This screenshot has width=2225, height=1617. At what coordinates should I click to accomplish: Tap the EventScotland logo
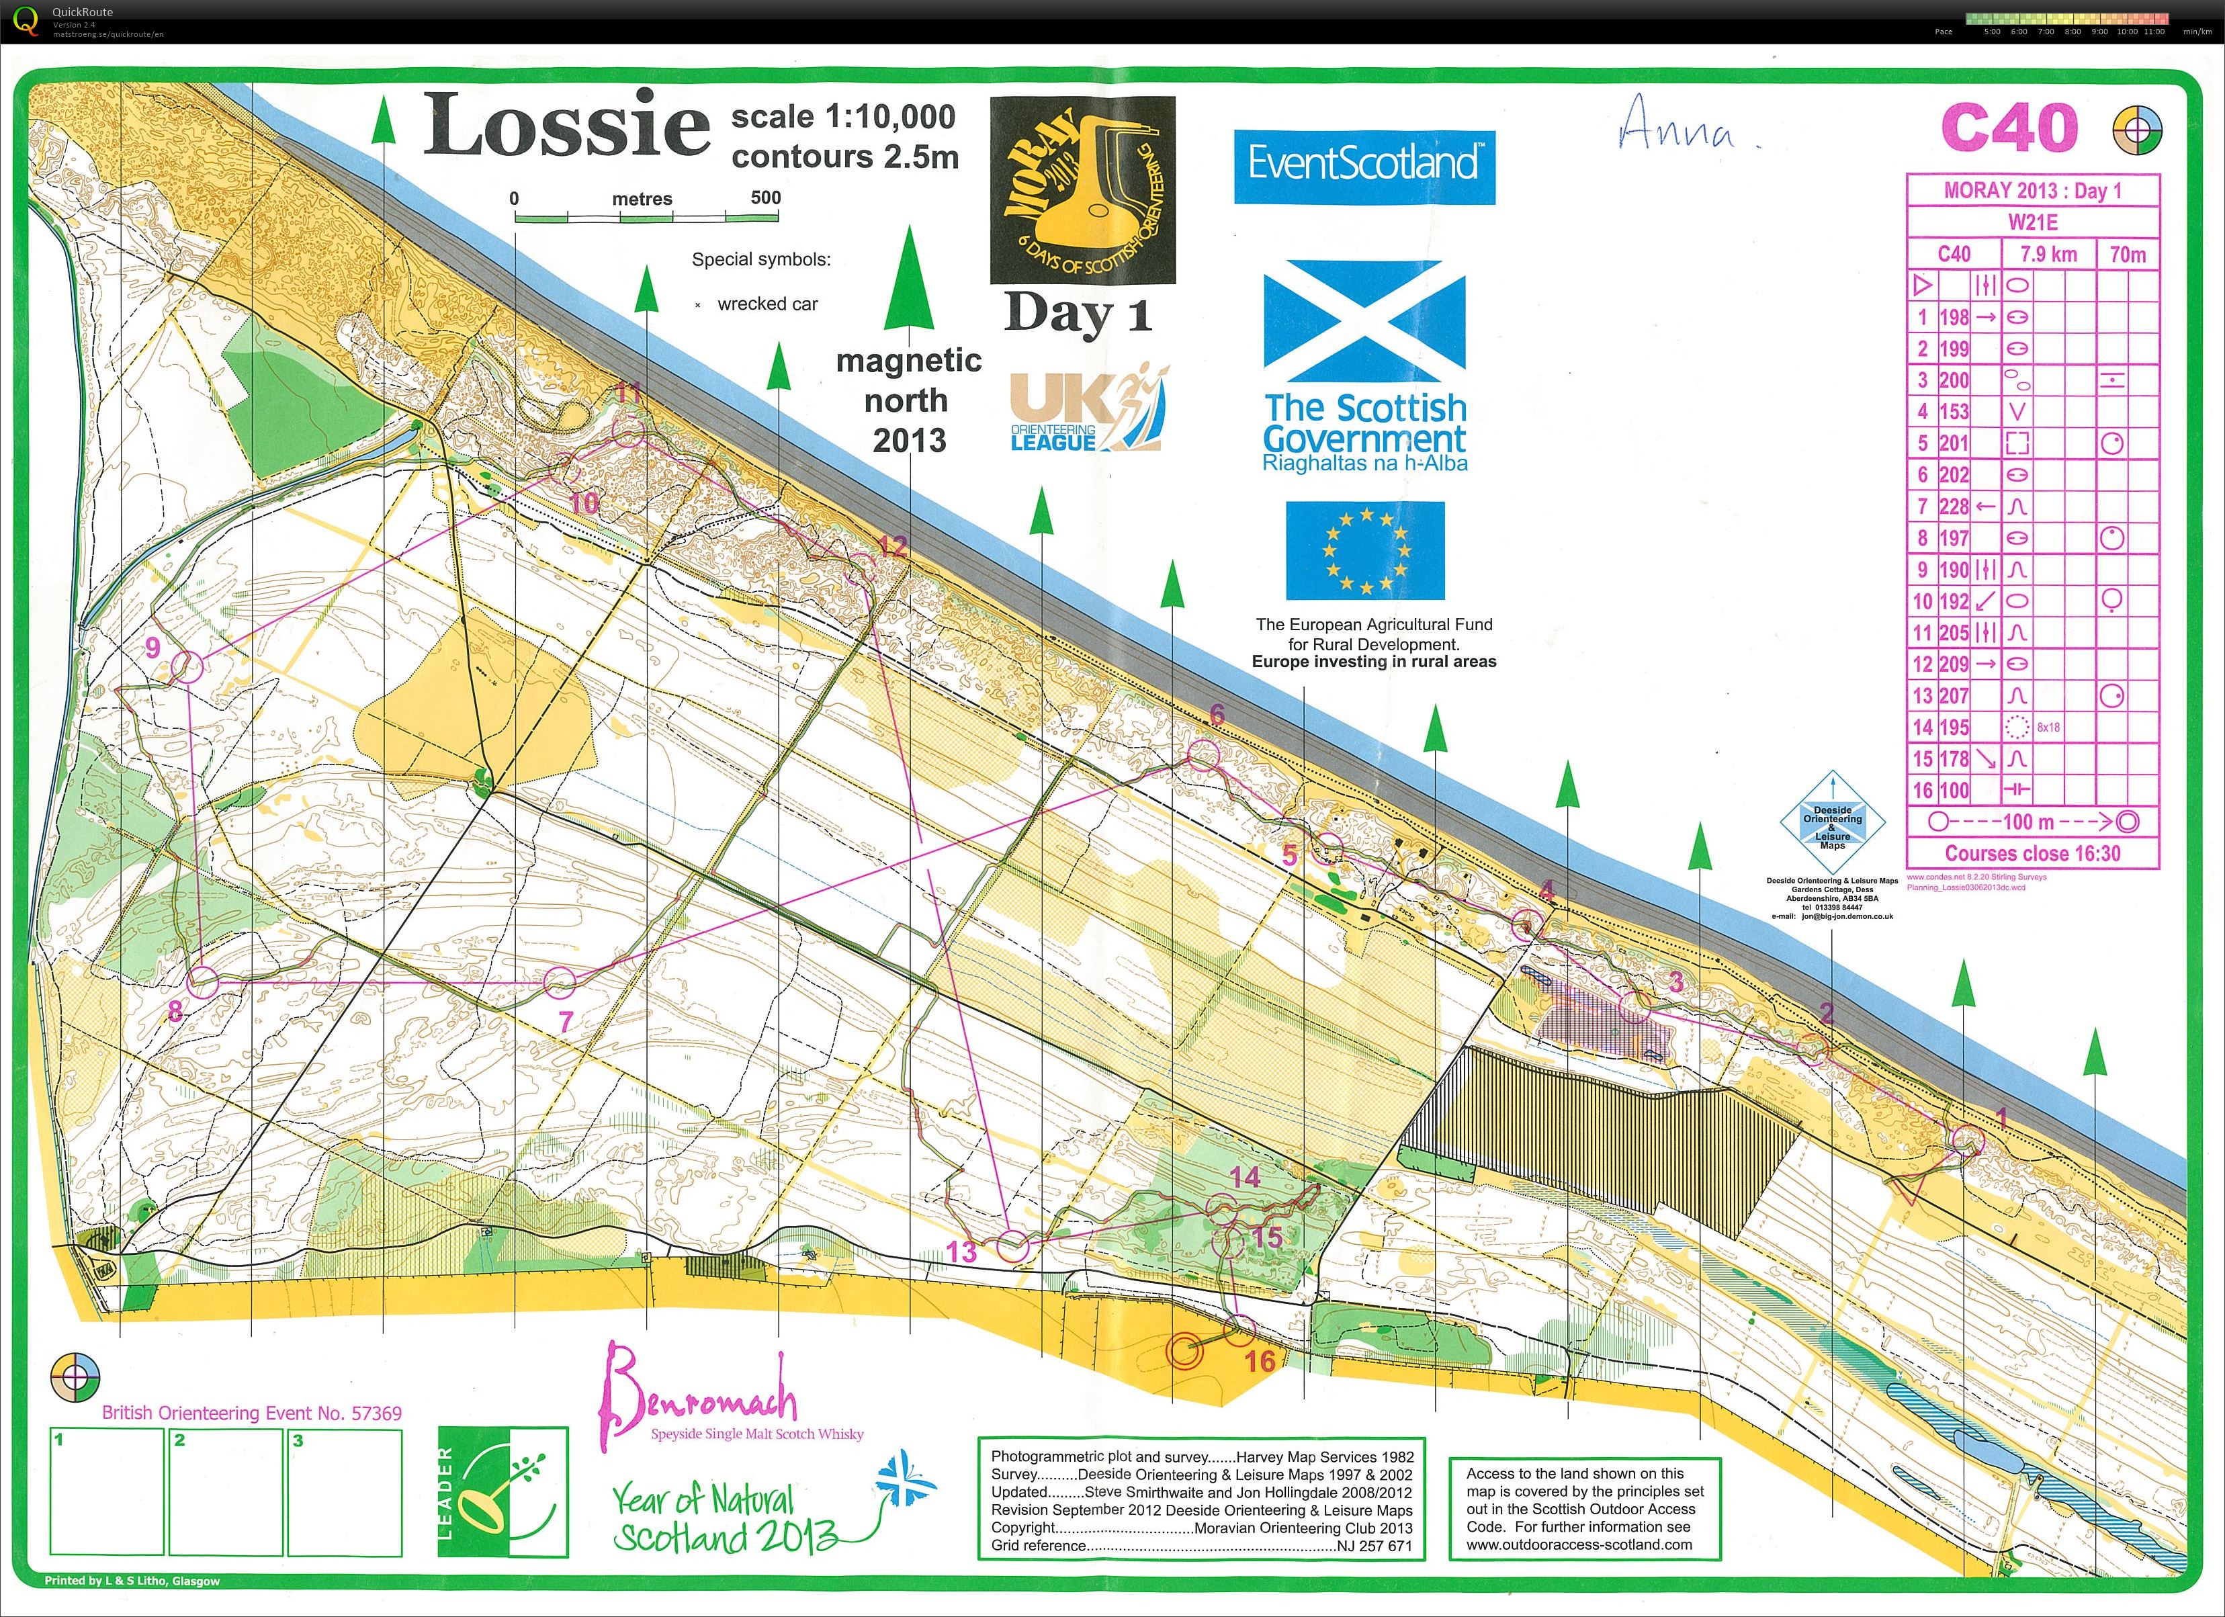1364,165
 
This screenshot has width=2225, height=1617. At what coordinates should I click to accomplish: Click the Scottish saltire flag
1364,321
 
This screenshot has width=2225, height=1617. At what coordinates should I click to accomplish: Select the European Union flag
1364,550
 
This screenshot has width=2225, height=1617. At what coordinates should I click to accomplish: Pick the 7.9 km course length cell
2048,254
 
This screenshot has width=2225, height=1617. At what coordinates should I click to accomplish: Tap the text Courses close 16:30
2032,854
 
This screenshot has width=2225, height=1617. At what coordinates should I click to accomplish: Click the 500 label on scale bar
765,198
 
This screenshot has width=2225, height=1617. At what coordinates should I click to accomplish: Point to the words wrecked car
767,304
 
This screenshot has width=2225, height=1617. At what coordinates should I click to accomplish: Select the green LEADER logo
503,1491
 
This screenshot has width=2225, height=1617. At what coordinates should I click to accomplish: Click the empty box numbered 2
226,1491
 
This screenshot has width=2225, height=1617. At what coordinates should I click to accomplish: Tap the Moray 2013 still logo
1082,189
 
